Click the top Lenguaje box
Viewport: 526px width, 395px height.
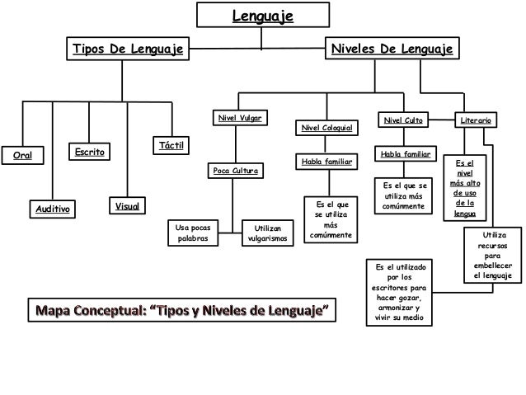[264, 15]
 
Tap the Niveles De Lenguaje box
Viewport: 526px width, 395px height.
[392, 49]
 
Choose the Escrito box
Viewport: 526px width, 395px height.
[89, 153]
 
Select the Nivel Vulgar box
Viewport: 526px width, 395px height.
[239, 119]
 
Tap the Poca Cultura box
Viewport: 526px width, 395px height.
[236, 172]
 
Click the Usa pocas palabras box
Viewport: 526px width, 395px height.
[194, 232]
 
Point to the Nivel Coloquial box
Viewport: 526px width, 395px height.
[327, 129]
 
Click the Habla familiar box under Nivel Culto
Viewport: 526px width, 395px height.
[403, 154]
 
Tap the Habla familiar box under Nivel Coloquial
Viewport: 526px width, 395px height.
[326, 162]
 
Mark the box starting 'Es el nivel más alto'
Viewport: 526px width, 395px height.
[464, 187]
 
